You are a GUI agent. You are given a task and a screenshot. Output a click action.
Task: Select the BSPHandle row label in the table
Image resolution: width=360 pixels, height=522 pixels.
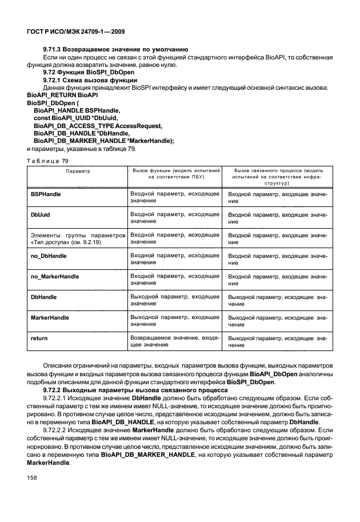46,194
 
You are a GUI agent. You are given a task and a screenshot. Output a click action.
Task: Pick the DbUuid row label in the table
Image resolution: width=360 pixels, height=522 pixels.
39,215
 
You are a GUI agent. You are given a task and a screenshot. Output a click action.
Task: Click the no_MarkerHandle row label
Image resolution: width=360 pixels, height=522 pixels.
54,277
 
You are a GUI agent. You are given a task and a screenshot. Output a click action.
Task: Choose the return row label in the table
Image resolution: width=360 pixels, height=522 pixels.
39,338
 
